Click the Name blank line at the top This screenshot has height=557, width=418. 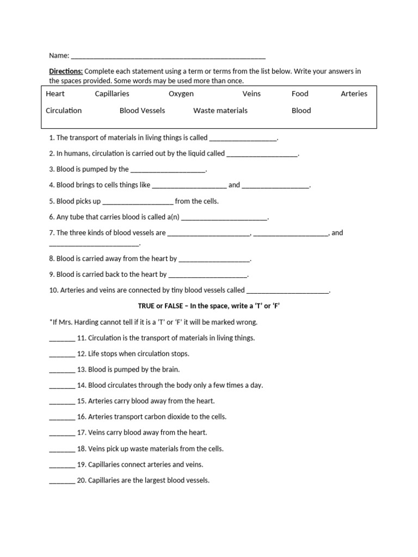tap(168, 56)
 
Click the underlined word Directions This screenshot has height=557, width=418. tap(66, 71)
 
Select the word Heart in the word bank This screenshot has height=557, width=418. tap(55, 94)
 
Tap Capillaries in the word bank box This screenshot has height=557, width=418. tap(112, 94)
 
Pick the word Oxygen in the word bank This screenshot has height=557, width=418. tap(181, 94)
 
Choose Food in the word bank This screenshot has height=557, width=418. tap(300, 94)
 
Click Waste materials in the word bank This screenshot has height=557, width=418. tap(220, 110)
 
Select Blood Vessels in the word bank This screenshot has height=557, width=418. tap(142, 110)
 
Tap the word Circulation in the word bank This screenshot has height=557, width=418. tap(64, 110)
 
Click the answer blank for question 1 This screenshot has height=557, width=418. tap(243, 139)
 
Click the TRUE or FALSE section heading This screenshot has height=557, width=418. tap(208, 306)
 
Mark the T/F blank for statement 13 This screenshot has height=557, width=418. tap(62, 370)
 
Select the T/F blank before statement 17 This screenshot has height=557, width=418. tap(62, 434)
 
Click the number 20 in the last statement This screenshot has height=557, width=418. tap(81, 480)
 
